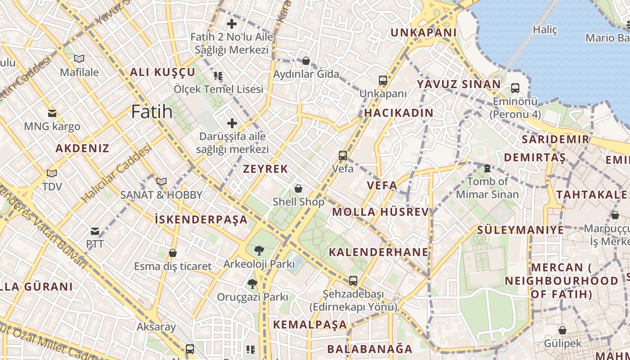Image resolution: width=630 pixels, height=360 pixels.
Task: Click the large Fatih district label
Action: [x=152, y=112]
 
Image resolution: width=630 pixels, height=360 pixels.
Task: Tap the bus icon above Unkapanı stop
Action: [x=383, y=81]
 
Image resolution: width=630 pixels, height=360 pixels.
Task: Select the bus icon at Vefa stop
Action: [x=343, y=156]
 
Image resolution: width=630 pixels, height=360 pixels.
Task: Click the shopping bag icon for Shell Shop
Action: [x=298, y=189]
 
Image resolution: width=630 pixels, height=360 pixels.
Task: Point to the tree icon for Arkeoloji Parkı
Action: [x=259, y=251]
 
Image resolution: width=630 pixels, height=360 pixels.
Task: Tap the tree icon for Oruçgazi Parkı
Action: [x=252, y=284]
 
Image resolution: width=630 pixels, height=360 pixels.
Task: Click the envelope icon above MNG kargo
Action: [x=52, y=113]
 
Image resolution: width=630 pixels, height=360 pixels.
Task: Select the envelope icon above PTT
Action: [x=95, y=231]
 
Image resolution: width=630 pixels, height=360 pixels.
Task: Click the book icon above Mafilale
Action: [x=79, y=58]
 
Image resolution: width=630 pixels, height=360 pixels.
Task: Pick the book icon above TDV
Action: [x=52, y=173]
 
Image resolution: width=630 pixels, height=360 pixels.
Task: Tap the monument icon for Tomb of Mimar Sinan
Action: [x=487, y=168]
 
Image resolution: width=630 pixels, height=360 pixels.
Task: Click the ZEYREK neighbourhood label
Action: [x=265, y=169]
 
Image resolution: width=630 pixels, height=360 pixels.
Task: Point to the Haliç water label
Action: [x=545, y=30]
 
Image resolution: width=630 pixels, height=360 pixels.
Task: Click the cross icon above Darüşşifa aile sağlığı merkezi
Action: [x=232, y=123]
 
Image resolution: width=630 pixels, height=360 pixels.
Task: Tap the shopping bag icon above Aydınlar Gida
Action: [x=306, y=61]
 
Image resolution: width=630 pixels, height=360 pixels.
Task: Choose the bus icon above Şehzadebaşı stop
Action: [x=353, y=281]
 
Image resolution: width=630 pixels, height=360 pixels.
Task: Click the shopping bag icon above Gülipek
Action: [x=562, y=330]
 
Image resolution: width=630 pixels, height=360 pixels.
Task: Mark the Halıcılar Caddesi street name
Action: [x=116, y=173]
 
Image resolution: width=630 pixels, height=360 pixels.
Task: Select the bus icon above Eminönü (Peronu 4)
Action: [x=515, y=88]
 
